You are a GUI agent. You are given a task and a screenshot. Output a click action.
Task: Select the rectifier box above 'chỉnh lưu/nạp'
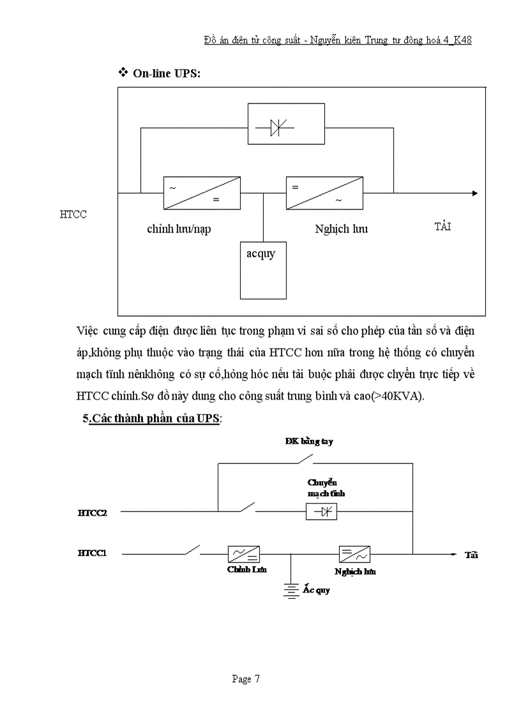coord(202,192)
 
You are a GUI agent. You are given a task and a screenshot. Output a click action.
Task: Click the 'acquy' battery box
coord(263,270)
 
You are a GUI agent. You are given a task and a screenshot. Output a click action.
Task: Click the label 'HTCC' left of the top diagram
coord(73,215)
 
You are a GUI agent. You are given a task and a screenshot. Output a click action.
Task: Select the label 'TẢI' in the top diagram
coord(442,227)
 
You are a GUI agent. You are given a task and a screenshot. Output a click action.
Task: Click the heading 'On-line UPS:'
coord(166,73)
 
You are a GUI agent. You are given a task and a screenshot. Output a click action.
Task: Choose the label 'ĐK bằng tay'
coord(308,441)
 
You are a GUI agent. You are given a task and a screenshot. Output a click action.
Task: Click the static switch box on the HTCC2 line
coord(322,511)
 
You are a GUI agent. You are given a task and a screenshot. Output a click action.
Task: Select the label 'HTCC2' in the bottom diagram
coord(92,512)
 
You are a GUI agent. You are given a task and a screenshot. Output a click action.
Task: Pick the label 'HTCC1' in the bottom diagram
coord(92,554)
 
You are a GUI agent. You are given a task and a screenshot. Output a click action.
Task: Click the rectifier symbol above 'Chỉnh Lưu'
coord(244,554)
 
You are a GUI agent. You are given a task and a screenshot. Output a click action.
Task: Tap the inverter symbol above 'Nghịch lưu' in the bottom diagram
coord(356,554)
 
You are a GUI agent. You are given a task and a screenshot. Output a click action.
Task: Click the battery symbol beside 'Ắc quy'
coord(291,591)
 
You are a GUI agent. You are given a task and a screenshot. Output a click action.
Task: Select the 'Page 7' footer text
coord(245,679)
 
